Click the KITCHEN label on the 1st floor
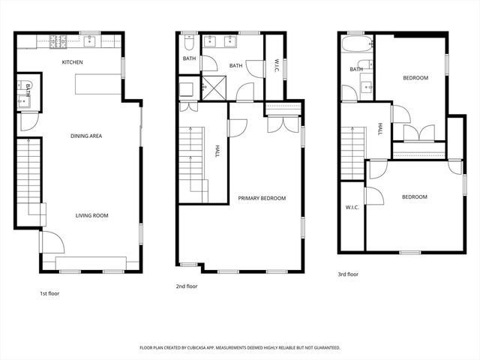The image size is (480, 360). point(73,62)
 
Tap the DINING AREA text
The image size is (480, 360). point(86,136)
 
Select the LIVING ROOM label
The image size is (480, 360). point(91,216)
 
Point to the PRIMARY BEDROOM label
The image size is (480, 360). point(262,198)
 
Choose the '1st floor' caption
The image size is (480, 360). point(49,293)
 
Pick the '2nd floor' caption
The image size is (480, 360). point(187,286)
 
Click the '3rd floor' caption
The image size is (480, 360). point(348,274)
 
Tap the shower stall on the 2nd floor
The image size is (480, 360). point(215,91)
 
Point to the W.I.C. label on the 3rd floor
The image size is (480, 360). point(352,207)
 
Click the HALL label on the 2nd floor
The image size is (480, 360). point(217,150)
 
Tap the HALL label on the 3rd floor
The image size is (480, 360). point(379,128)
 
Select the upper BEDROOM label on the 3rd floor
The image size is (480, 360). point(415,78)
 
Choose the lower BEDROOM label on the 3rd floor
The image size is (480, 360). point(414,197)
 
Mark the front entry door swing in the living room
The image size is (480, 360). point(51,243)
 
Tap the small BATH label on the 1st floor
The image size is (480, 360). point(28,90)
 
